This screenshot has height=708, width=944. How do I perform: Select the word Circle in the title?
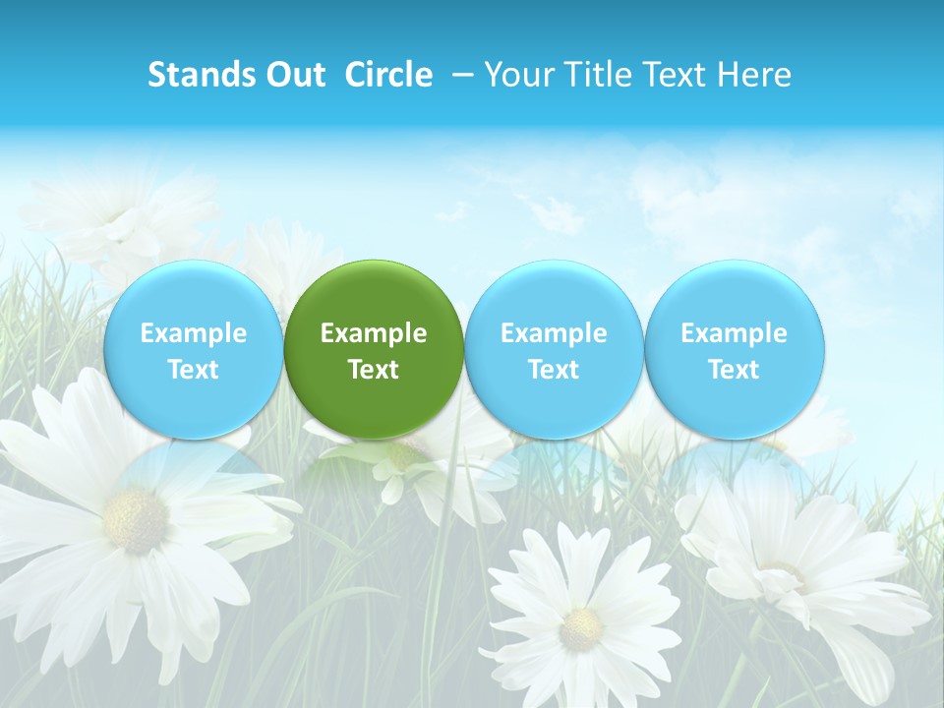[x=388, y=75]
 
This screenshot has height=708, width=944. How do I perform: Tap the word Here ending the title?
[x=754, y=75]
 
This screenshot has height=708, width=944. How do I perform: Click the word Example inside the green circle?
[x=374, y=333]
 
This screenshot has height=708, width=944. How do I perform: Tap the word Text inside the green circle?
[x=374, y=370]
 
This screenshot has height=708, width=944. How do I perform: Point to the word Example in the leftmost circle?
[x=194, y=333]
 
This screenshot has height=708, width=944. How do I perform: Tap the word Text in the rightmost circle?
[x=735, y=370]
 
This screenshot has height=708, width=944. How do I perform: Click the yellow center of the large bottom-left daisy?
[x=135, y=518]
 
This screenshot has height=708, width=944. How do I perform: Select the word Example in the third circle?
[x=554, y=333]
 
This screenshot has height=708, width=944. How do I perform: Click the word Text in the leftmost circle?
[x=194, y=370]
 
